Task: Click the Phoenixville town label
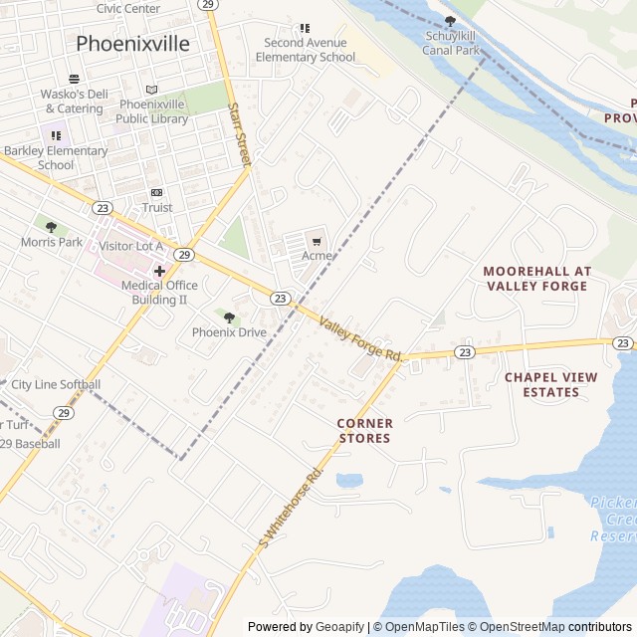pyautogui.click(x=131, y=44)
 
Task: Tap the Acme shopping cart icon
pyautogui.click(x=318, y=240)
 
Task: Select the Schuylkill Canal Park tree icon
pyautogui.click(x=450, y=21)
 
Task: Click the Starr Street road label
pyautogui.click(x=239, y=133)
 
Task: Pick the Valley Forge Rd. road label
pyautogui.click(x=360, y=338)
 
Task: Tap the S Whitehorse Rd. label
pyautogui.click(x=291, y=508)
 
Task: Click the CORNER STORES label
pyautogui.click(x=365, y=430)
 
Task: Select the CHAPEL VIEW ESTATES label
pyautogui.click(x=555, y=384)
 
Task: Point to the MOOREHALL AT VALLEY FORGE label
pyautogui.click(x=537, y=278)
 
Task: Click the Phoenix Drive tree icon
pyautogui.click(x=229, y=318)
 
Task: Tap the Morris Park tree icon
pyautogui.click(x=51, y=227)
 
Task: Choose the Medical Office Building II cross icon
pyautogui.click(x=159, y=271)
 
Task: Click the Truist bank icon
pyautogui.click(x=156, y=192)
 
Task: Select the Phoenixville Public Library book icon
pyautogui.click(x=151, y=90)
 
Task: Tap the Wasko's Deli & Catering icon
pyautogui.click(x=74, y=79)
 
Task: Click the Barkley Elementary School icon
pyautogui.click(x=56, y=135)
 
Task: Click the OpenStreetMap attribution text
pyautogui.click(x=517, y=627)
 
